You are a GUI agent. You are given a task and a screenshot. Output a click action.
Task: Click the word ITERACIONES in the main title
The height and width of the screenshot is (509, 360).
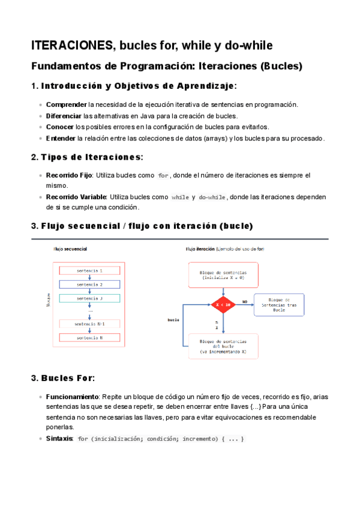[71, 46]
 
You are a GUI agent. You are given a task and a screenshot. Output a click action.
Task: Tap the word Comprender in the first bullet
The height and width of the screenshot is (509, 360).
[66, 104]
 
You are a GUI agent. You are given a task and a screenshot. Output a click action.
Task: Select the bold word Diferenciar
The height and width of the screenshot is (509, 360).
[64, 116]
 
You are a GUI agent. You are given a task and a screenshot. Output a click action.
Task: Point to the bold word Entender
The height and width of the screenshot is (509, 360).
[61, 139]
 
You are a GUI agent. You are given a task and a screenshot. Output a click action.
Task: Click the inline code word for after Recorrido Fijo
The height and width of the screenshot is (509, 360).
[163, 176]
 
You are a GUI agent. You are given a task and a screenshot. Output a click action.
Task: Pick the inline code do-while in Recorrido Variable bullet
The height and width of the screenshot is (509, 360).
[212, 197]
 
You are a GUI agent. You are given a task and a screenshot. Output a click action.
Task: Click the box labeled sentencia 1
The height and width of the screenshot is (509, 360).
[89, 254]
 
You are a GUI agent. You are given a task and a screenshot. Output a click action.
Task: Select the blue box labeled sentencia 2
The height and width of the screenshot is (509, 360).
[89, 268]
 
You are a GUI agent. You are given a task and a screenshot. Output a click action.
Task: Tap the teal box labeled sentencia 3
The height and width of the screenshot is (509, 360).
[89, 282]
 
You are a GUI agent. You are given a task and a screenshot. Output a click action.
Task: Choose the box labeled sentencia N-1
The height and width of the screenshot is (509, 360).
[89, 324]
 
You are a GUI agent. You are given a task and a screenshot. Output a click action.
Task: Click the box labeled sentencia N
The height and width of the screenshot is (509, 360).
[89, 338]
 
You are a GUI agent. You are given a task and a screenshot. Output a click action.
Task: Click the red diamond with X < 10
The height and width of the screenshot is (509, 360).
[223, 288]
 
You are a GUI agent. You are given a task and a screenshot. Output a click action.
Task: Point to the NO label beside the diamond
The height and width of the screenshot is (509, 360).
[245, 284]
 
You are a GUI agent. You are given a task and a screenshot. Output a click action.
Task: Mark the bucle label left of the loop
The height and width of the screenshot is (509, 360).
[174, 320]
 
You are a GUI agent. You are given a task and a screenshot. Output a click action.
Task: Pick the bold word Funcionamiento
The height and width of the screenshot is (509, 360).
[72, 397]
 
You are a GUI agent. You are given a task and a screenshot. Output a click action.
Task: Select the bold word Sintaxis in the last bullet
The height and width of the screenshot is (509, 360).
[59, 439]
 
